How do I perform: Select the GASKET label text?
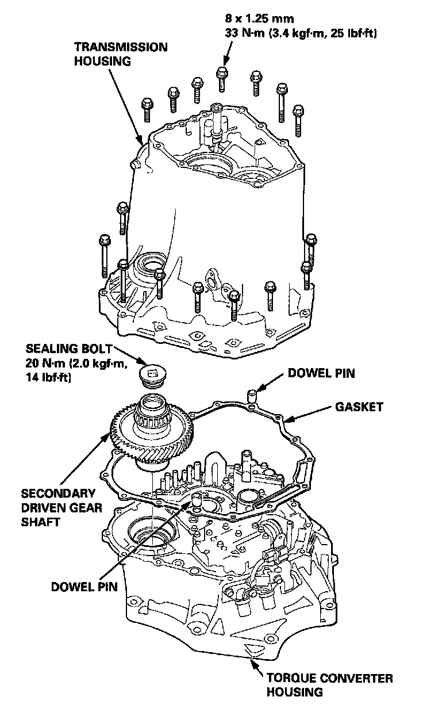pyautogui.click(x=359, y=407)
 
